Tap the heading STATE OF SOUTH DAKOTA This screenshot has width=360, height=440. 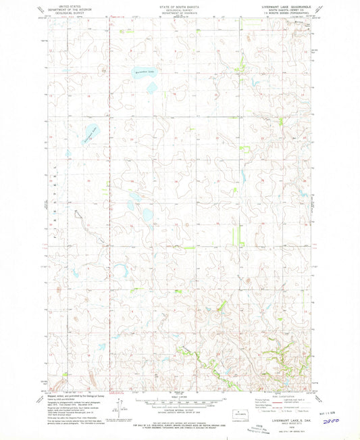pos(180,5)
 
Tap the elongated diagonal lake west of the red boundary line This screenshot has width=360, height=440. pos(88,137)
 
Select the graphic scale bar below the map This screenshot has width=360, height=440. pos(180,401)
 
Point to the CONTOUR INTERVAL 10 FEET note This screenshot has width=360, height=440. pos(180,410)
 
